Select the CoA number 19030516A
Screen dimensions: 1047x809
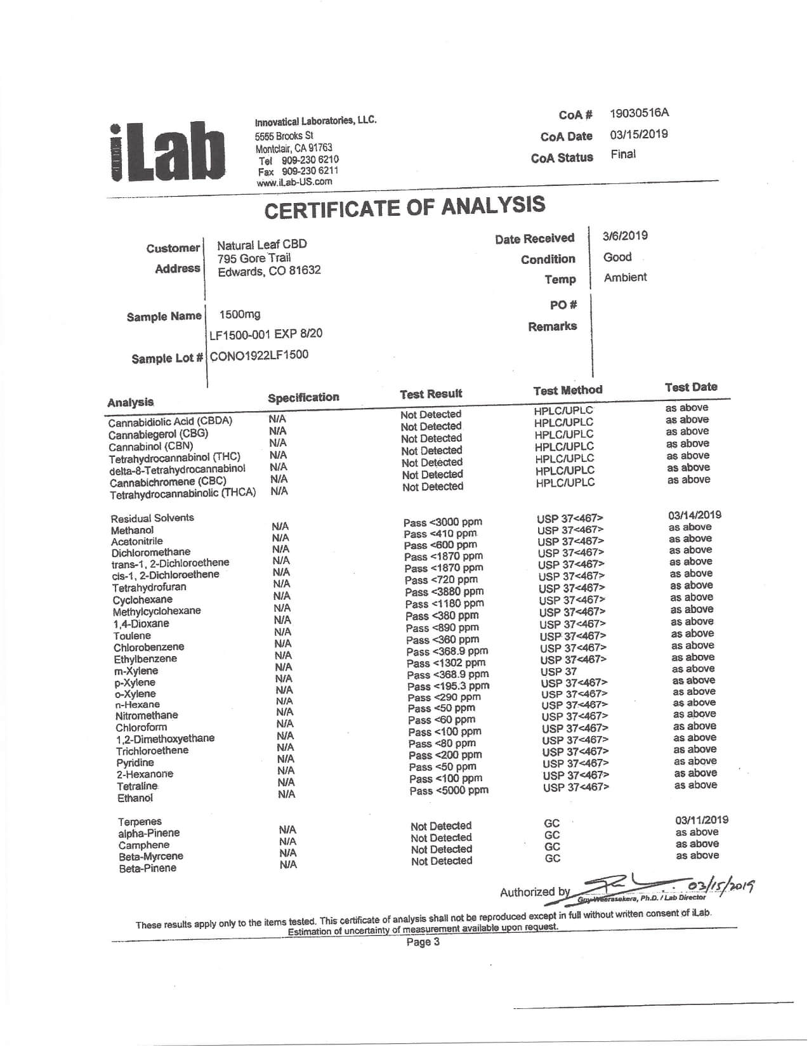coord(639,114)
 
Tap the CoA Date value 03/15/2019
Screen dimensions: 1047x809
coord(639,135)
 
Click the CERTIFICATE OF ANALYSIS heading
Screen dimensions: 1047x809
coord(404,207)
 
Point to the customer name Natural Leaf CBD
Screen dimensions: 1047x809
coord(261,244)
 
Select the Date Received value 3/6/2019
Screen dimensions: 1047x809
coord(625,236)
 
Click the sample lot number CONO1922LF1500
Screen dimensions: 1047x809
coord(259,355)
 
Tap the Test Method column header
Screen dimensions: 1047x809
coord(567,390)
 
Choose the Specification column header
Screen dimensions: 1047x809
coord(303,398)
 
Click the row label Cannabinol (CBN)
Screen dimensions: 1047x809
coord(151,446)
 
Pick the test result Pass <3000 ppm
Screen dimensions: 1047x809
coord(442,522)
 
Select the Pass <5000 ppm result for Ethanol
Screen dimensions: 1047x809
coord(449,791)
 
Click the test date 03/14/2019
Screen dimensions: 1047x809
coord(694,515)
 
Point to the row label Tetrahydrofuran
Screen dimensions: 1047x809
coord(149,588)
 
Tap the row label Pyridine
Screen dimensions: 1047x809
coord(135,763)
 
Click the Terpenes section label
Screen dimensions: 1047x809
coord(140,822)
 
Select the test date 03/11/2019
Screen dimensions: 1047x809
coord(701,820)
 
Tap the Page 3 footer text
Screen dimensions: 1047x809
coord(423,942)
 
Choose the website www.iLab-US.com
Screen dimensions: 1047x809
coord(294,182)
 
